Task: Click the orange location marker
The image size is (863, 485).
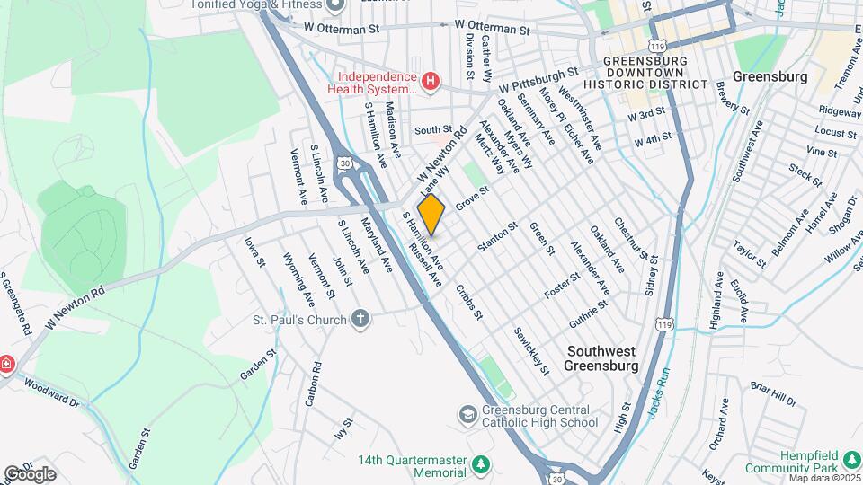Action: pos(431,214)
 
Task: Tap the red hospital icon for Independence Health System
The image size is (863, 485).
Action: pos(431,83)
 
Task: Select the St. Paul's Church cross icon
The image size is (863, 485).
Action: pos(360,320)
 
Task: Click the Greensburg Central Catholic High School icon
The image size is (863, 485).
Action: pos(467,414)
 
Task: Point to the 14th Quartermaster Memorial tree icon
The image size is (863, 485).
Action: pos(482,465)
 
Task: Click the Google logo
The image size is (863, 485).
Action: pos(30,474)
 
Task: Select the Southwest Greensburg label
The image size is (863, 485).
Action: pos(601,357)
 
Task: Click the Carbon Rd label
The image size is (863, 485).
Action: pos(312,384)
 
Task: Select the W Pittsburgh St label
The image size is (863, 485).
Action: pos(538,81)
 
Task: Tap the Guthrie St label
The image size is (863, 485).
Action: pos(589,314)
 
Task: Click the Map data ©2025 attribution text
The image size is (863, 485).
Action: pos(823,477)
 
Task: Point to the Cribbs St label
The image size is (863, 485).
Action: pos(469,302)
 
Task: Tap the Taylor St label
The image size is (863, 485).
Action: pos(748,254)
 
